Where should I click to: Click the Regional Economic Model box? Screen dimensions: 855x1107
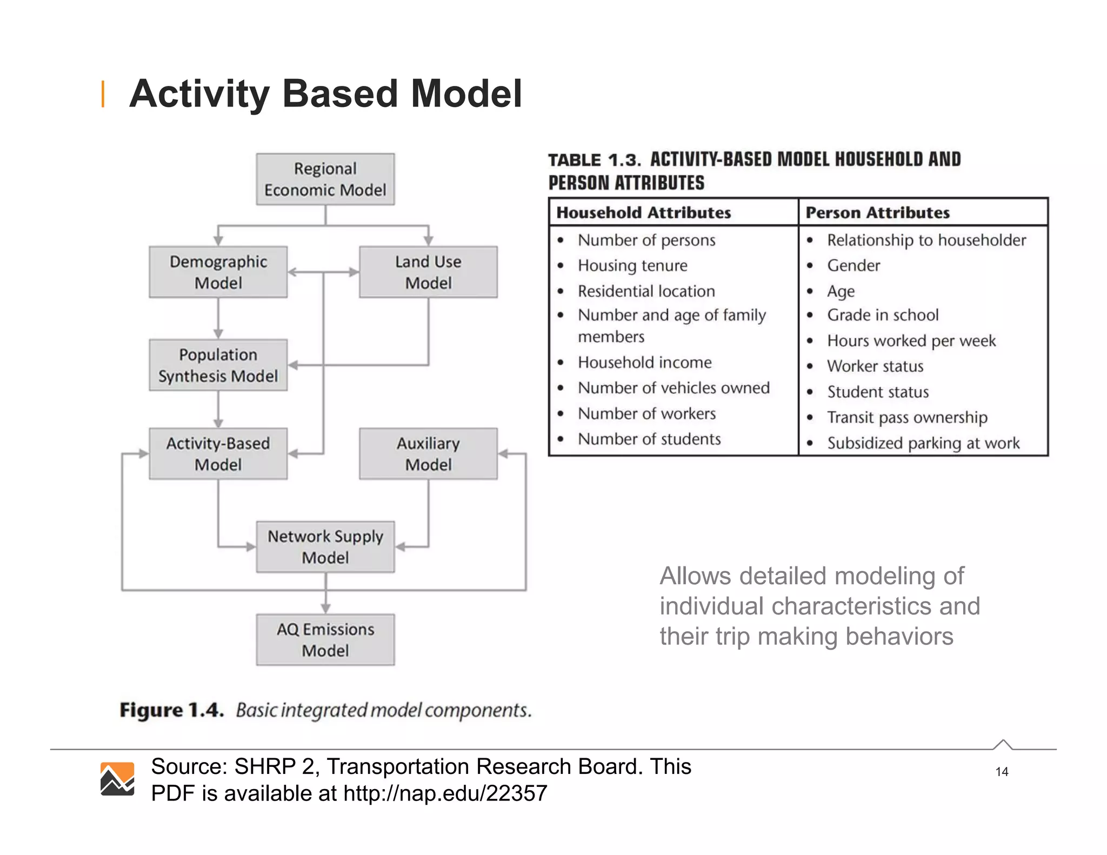pyautogui.click(x=325, y=179)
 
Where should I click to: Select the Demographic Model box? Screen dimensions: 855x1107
pyautogui.click(x=218, y=272)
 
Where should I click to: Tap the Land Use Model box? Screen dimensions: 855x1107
pyautogui.click(x=428, y=272)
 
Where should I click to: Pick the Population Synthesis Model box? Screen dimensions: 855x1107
pyautogui.click(x=218, y=365)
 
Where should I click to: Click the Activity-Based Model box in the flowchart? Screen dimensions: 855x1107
pyautogui.click(x=218, y=453)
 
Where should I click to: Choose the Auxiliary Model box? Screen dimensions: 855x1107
pyautogui.click(x=428, y=453)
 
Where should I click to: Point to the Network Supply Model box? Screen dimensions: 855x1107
pyautogui.click(x=325, y=546)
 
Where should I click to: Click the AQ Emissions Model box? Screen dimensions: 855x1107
pyautogui.click(x=325, y=639)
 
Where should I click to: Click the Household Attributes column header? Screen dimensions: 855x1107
pyautogui.click(x=643, y=212)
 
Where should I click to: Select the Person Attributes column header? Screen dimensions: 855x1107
pyautogui.click(x=877, y=212)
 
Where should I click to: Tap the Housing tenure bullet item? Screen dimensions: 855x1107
pyautogui.click(x=632, y=265)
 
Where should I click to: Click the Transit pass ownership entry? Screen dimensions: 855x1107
pyautogui.click(x=907, y=417)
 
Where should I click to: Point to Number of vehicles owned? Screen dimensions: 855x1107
pyautogui.click(x=673, y=388)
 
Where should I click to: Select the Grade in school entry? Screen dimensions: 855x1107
pyautogui.click(x=883, y=315)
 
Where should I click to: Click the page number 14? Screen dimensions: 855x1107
pyautogui.click(x=1002, y=772)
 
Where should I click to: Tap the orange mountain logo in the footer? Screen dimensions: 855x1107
pyautogui.click(x=117, y=779)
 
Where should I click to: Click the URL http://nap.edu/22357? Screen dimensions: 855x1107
pyautogui.click(x=445, y=793)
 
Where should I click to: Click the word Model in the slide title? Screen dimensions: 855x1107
pyautogui.click(x=466, y=94)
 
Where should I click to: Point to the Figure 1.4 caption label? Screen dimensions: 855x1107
pyautogui.click(x=171, y=710)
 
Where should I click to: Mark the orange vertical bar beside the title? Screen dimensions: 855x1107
pyautogui.click(x=103, y=94)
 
